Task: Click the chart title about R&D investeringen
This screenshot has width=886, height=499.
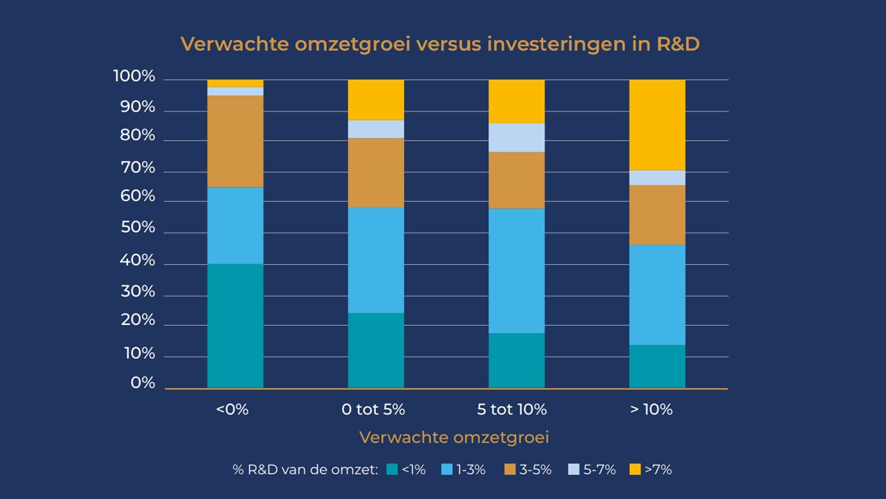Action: point(440,44)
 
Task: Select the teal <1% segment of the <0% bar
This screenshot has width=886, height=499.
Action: point(235,326)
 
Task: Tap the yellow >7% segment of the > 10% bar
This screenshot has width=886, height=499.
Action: point(657,125)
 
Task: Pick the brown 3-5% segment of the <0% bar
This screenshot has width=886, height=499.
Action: point(235,141)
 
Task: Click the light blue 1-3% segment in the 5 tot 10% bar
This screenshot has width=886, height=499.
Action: point(516,271)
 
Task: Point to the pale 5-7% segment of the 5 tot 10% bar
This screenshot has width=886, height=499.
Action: point(516,137)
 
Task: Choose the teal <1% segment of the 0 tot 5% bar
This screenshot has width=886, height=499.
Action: point(376,350)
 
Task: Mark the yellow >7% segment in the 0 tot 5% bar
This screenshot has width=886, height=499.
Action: point(376,100)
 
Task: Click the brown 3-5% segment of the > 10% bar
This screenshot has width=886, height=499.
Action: point(657,215)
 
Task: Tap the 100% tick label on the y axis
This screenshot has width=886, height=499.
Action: point(134,76)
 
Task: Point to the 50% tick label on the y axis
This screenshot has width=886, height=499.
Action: point(138,228)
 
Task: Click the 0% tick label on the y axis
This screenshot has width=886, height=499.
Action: point(143,383)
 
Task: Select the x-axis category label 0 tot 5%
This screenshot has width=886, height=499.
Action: point(373,410)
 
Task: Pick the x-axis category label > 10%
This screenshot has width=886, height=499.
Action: point(651,410)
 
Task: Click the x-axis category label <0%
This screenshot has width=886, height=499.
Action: point(232,410)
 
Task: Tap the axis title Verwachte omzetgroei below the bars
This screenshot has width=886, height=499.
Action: point(454,438)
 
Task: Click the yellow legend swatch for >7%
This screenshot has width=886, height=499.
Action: point(635,470)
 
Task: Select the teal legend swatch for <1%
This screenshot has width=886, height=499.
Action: point(392,470)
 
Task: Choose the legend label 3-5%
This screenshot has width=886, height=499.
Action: point(535,470)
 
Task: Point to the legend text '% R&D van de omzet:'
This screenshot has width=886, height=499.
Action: point(305,470)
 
